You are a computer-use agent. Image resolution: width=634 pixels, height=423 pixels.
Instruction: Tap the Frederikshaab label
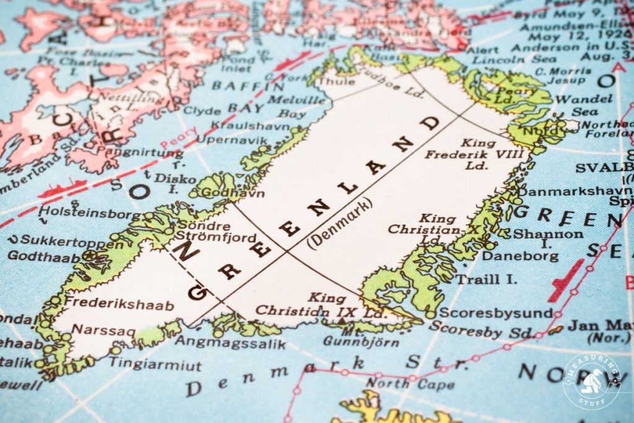(x=119, y=303)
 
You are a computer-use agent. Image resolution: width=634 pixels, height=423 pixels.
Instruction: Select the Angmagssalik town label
(x=230, y=343)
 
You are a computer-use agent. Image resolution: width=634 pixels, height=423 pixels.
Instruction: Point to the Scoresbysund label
(x=495, y=313)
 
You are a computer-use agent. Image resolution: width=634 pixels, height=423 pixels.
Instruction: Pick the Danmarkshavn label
(x=567, y=191)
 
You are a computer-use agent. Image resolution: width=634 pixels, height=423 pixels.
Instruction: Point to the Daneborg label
(x=520, y=255)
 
